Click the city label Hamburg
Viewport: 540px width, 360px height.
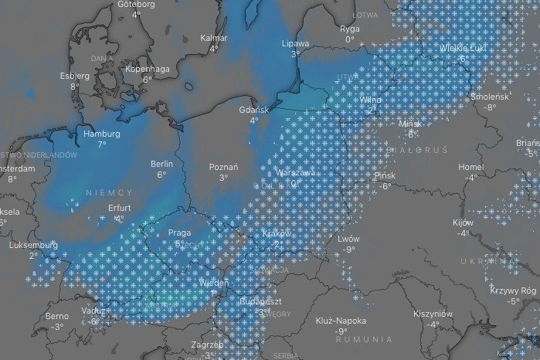101,134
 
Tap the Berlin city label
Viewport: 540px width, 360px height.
162,164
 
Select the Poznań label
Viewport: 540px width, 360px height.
223,167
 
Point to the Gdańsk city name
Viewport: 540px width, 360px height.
253,110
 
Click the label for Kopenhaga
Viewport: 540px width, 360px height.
147,69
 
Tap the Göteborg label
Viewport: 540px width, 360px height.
136,4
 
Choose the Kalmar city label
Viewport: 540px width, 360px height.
213,37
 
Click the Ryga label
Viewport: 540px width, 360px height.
349,29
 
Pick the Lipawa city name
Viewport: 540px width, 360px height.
296,44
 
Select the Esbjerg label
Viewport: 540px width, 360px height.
75,76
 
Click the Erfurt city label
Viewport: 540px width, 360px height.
119,208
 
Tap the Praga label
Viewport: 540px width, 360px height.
178,233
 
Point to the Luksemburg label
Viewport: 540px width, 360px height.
33,245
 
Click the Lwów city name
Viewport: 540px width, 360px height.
349,239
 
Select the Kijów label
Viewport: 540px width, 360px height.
463,222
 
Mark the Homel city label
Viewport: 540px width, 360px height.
470,167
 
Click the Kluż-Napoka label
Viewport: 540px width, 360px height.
341,321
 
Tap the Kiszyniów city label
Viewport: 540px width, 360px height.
433,314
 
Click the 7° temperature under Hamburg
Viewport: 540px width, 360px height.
101,144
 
